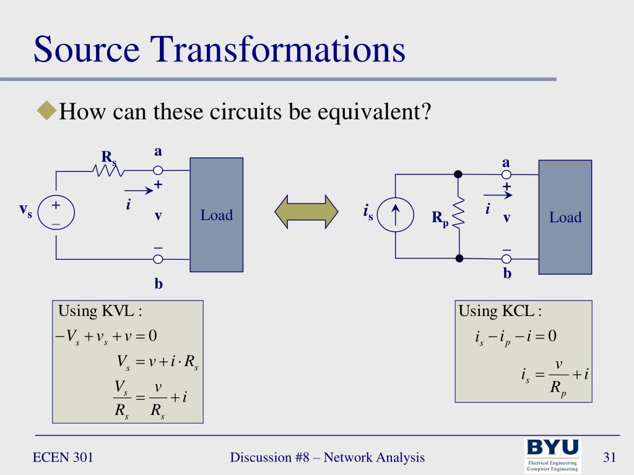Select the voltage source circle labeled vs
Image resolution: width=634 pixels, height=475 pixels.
click(56, 213)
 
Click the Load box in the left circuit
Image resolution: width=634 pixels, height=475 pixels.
click(216, 215)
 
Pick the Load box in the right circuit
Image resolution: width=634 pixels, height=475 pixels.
click(565, 216)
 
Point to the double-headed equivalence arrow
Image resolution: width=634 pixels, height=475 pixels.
click(306, 212)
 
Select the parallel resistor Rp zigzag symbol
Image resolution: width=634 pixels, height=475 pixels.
click(458, 215)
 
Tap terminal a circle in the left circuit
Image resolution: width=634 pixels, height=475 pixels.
click(158, 170)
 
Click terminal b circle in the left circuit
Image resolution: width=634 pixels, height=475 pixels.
click(158, 259)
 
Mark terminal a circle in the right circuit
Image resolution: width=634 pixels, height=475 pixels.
click(506, 174)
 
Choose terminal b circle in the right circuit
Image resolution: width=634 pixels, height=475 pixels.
click(506, 259)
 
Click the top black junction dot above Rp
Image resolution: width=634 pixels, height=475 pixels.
click(458, 174)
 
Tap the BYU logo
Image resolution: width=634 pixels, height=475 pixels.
click(553, 455)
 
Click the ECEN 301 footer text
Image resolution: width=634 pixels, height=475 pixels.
click(63, 458)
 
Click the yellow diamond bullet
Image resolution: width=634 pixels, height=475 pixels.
click(46, 111)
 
